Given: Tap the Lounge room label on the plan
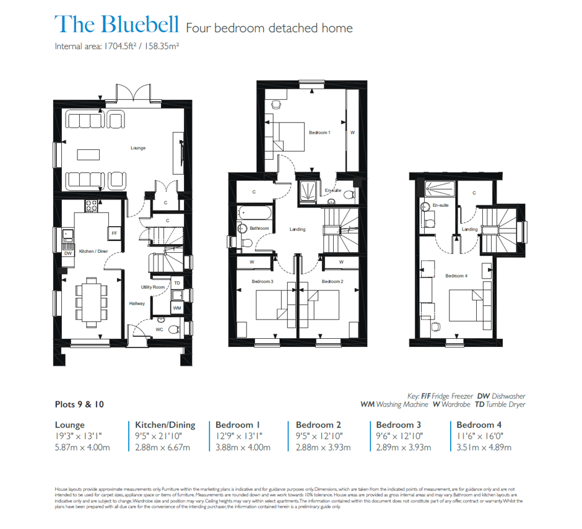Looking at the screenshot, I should [137, 148].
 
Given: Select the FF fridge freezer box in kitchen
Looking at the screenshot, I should [114, 234].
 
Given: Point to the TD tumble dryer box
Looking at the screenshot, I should [177, 283].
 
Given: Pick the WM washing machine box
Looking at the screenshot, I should [177, 307].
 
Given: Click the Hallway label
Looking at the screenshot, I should [137, 304].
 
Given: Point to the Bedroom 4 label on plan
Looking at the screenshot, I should [456, 276].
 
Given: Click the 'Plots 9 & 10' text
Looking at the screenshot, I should [79, 404].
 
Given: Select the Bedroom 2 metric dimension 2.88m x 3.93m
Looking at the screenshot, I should [323, 447].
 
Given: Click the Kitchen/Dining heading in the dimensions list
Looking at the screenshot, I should [165, 425].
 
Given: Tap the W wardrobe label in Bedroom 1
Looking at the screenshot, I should [353, 133].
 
